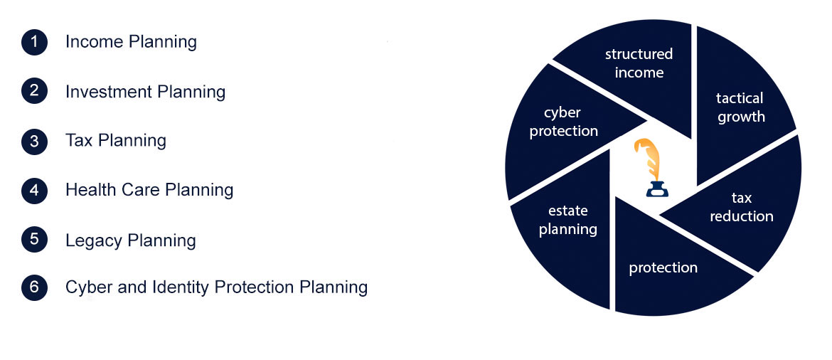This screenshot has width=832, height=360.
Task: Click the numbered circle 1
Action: coord(35,42)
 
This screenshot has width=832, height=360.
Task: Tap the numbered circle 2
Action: coord(35,91)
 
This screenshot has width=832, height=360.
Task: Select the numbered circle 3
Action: coord(35,141)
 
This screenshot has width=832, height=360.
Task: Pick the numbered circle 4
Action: coord(35,189)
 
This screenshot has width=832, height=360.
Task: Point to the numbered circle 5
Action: coord(35,240)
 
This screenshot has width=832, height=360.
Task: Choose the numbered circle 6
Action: coord(35,287)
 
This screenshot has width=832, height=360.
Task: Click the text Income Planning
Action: coord(131,42)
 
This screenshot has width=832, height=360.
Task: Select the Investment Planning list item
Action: coord(145,92)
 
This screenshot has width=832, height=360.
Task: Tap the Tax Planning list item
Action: coord(116,141)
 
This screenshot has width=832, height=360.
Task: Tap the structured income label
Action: coord(639,63)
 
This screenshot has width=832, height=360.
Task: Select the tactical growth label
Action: coord(741,107)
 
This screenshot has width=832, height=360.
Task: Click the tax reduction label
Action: coord(741,207)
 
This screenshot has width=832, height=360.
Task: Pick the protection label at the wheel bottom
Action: coord(663,268)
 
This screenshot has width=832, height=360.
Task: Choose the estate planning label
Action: coord(567,220)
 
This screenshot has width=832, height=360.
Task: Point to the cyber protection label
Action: coord(563,122)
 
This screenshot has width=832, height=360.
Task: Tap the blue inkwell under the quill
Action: coord(657,188)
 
